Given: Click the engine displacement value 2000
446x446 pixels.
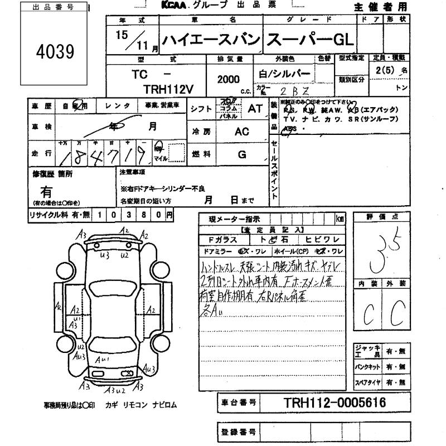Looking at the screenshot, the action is pos(229,80).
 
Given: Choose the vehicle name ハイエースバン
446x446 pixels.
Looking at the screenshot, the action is pos(210,40).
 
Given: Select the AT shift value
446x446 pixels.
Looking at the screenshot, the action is pos(255,109).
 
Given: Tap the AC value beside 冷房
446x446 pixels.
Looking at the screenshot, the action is pos(241,132).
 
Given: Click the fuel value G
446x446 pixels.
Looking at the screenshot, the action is pos(241,154).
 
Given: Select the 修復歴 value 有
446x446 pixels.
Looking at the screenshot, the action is pos(47,191).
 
